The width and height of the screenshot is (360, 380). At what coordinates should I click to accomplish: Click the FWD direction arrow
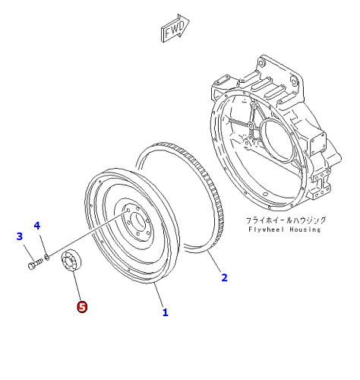pyautogui.click(x=175, y=28)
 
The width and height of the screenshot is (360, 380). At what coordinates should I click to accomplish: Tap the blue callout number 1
pyautogui.click(x=166, y=312)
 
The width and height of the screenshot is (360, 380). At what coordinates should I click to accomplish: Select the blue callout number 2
pyautogui.click(x=224, y=277)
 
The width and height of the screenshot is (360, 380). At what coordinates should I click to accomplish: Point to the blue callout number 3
pyautogui.click(x=20, y=236)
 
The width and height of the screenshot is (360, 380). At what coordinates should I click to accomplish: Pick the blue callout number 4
pyautogui.click(x=37, y=226)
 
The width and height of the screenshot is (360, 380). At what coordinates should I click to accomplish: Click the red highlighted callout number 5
pyautogui.click(x=82, y=307)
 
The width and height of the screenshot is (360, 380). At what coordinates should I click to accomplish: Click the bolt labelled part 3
pyautogui.click(x=35, y=263)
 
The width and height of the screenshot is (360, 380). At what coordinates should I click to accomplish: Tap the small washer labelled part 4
pyautogui.click(x=46, y=257)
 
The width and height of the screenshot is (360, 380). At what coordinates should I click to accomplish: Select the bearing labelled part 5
pyautogui.click(x=71, y=260)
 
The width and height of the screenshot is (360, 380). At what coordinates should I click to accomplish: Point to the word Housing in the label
pyautogui.click(x=305, y=230)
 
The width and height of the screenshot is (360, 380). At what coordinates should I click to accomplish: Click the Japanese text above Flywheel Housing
pyautogui.click(x=286, y=220)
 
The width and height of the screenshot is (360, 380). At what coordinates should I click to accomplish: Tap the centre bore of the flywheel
pyautogui.click(x=138, y=221)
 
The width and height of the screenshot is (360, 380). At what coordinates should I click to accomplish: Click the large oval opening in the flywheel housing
pyautogui.click(x=276, y=141)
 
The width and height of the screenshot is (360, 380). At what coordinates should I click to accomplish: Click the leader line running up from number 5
pyautogui.click(x=77, y=286)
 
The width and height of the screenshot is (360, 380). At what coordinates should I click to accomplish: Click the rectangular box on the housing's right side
pyautogui.click(x=317, y=143)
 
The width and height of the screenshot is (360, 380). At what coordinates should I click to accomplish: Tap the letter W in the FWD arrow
pyautogui.click(x=174, y=30)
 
